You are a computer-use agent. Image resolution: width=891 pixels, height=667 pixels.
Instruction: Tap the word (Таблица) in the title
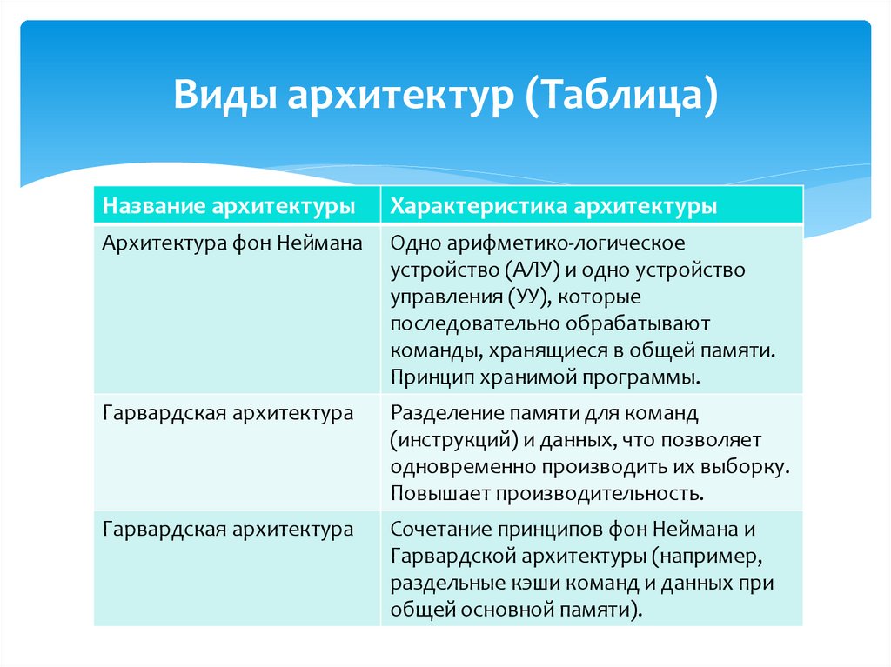point(620,94)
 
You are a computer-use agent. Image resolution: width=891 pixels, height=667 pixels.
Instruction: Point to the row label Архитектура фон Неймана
point(232,242)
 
